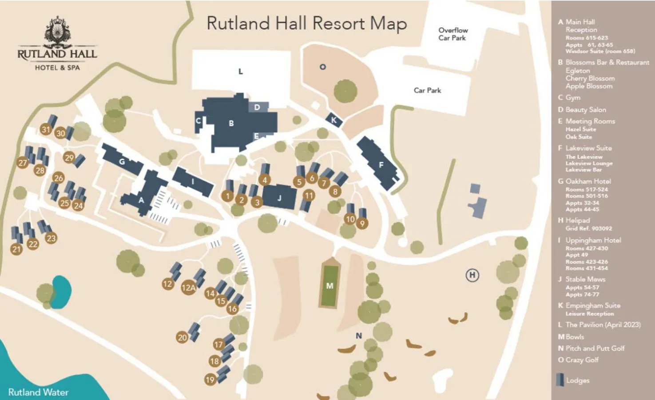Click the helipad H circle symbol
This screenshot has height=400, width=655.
[x=472, y=275]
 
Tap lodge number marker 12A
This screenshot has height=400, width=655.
[x=188, y=288]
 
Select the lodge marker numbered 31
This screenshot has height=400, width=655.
[x=46, y=129]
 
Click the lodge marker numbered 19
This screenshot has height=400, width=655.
[x=210, y=380]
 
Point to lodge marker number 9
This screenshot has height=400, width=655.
[x=362, y=223]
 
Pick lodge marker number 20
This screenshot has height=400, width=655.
[x=182, y=337]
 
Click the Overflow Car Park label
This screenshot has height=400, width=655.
[x=453, y=34]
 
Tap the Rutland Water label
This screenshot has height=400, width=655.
[x=38, y=392]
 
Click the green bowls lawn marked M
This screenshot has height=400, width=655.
[x=329, y=285]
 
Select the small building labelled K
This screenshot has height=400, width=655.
[x=333, y=120]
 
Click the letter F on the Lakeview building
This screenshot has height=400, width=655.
[x=381, y=165]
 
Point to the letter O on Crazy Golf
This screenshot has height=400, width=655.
[x=323, y=67]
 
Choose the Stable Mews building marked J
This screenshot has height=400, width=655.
[x=279, y=198]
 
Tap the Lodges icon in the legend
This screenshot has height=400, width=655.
[x=560, y=380]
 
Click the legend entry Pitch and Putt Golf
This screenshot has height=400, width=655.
[x=595, y=348]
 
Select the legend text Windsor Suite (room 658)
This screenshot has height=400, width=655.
[x=600, y=51]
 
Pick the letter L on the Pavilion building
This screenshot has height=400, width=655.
[x=241, y=72]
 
